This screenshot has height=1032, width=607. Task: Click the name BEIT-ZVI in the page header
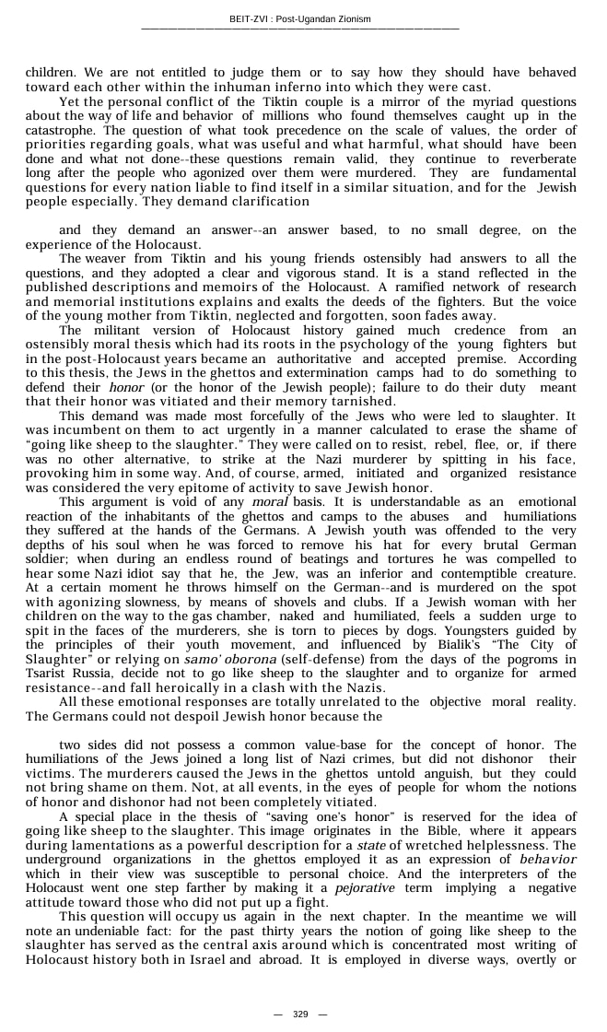click(249, 18)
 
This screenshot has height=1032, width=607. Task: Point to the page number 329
click(300, 1014)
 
